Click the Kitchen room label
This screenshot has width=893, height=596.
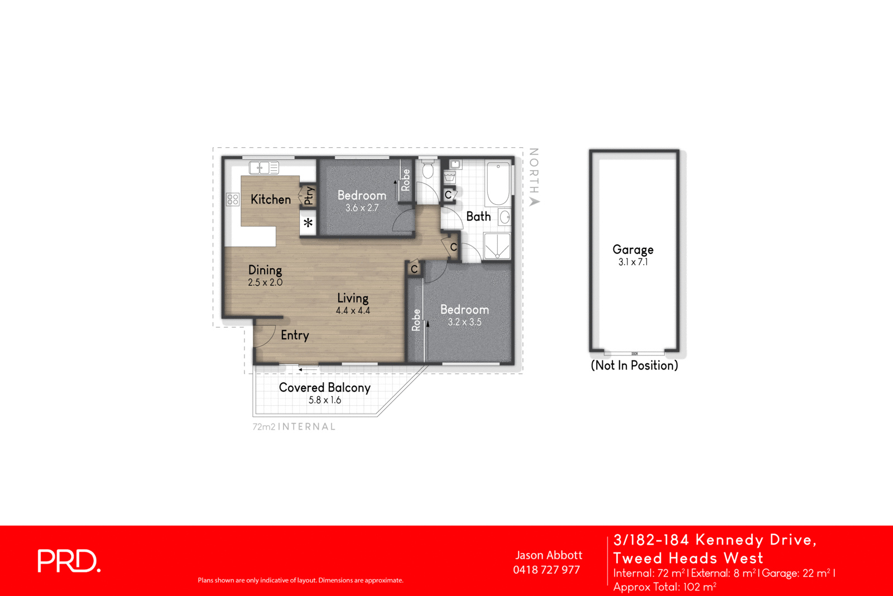[x=271, y=199]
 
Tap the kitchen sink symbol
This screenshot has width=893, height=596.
[x=263, y=167]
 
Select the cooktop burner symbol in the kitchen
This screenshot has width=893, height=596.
[x=233, y=199]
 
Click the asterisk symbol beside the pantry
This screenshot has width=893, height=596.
[x=308, y=223]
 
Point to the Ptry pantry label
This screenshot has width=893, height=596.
[x=308, y=195]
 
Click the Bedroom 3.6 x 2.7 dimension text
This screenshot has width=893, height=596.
[x=362, y=208]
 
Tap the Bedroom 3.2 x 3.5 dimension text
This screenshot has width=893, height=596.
[x=464, y=322]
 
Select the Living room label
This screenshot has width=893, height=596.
[x=353, y=298]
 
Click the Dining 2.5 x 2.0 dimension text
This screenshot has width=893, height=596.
[x=265, y=282]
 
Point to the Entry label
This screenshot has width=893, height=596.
[x=295, y=335]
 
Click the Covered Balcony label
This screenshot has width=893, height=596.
[x=324, y=387]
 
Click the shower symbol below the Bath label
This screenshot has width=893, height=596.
[x=497, y=246]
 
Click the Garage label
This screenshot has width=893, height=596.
[x=633, y=249]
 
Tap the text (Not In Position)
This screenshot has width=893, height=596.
[x=634, y=366]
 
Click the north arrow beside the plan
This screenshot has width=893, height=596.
[x=534, y=201]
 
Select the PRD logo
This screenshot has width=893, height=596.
[x=69, y=561]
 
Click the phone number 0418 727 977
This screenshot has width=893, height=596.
[x=546, y=570]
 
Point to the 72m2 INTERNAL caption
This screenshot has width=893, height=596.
[x=294, y=427]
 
